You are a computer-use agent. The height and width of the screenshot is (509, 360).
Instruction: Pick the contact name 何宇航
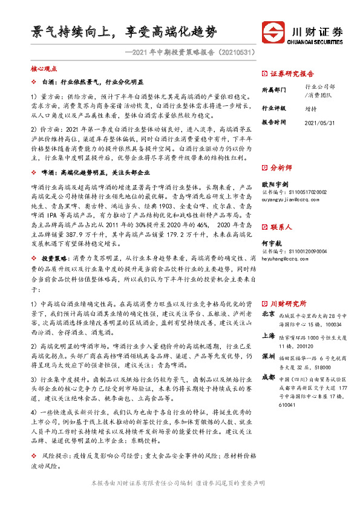point(271,242)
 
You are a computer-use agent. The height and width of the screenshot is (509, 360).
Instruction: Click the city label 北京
point(267,315)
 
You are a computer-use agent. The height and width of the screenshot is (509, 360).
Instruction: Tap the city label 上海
point(267,336)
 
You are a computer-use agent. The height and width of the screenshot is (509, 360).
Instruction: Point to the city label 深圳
point(267,357)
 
